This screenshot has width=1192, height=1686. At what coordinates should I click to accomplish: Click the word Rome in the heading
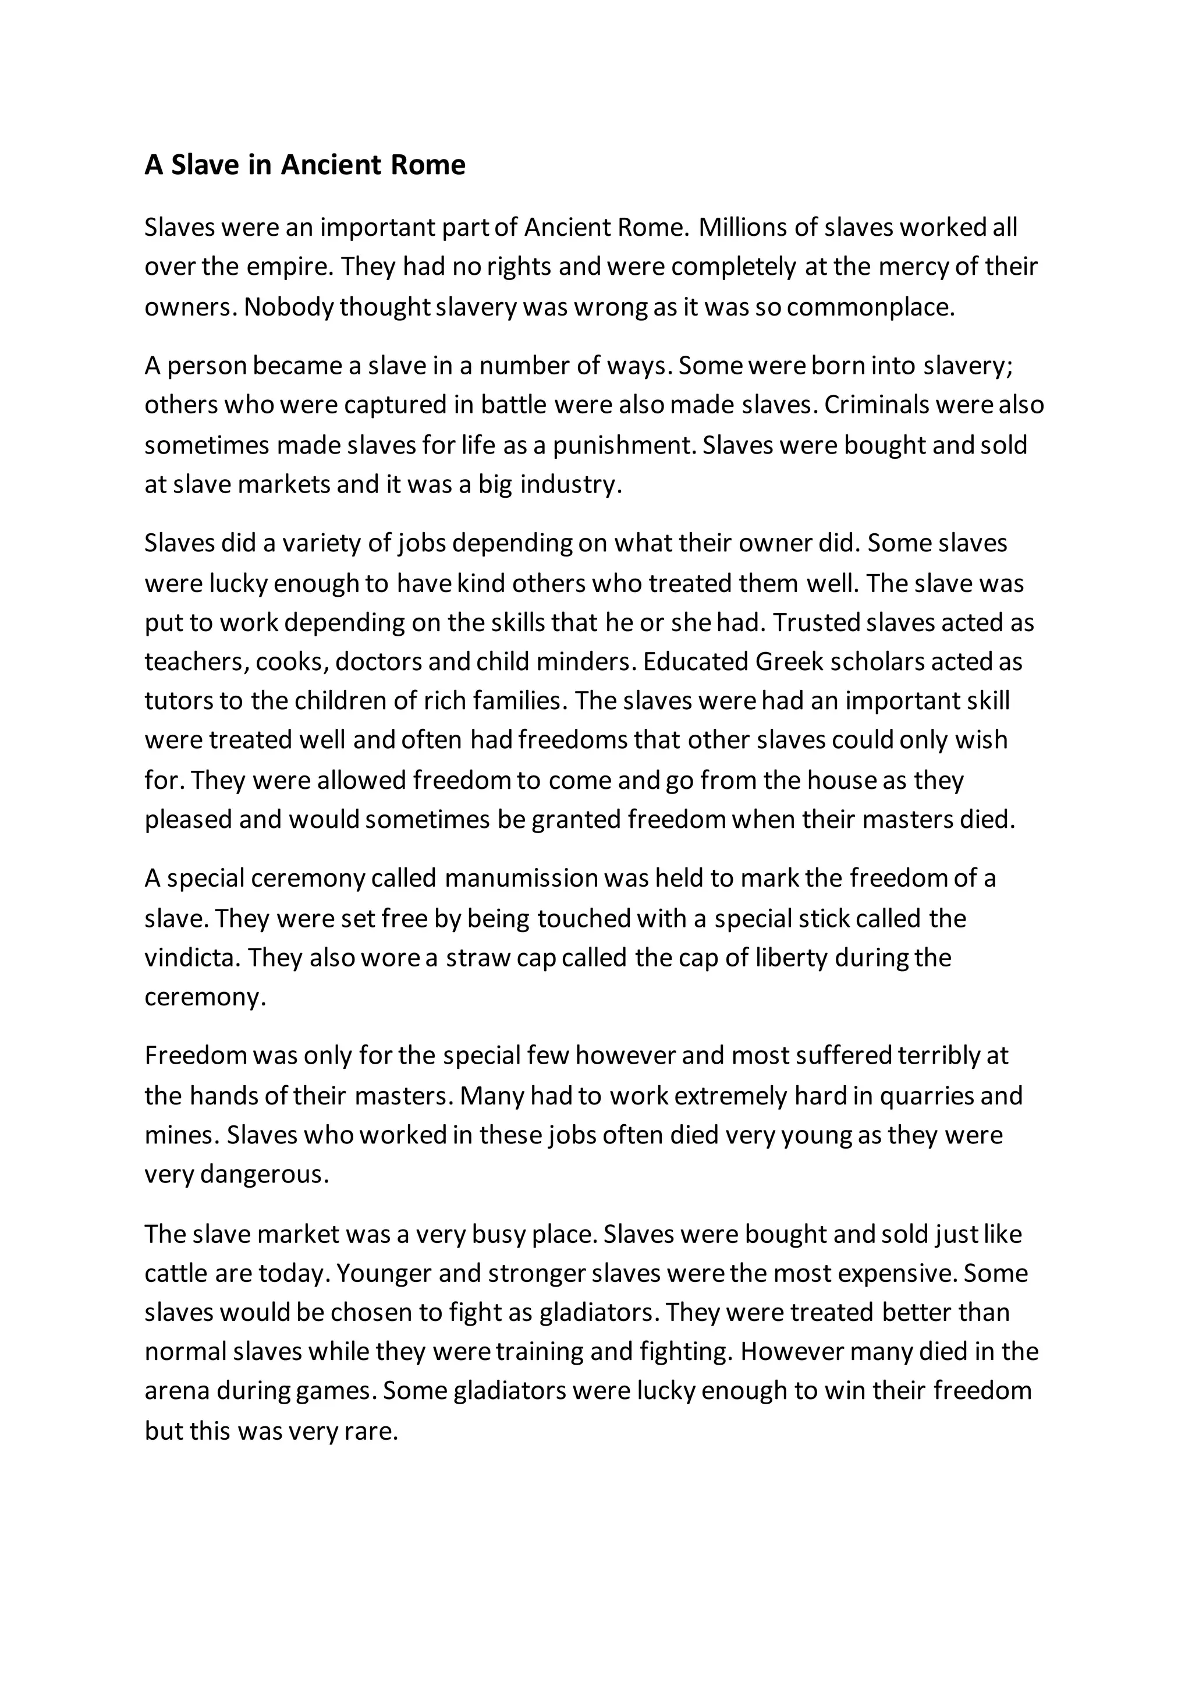click(428, 165)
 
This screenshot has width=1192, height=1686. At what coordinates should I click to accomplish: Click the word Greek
click(788, 663)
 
